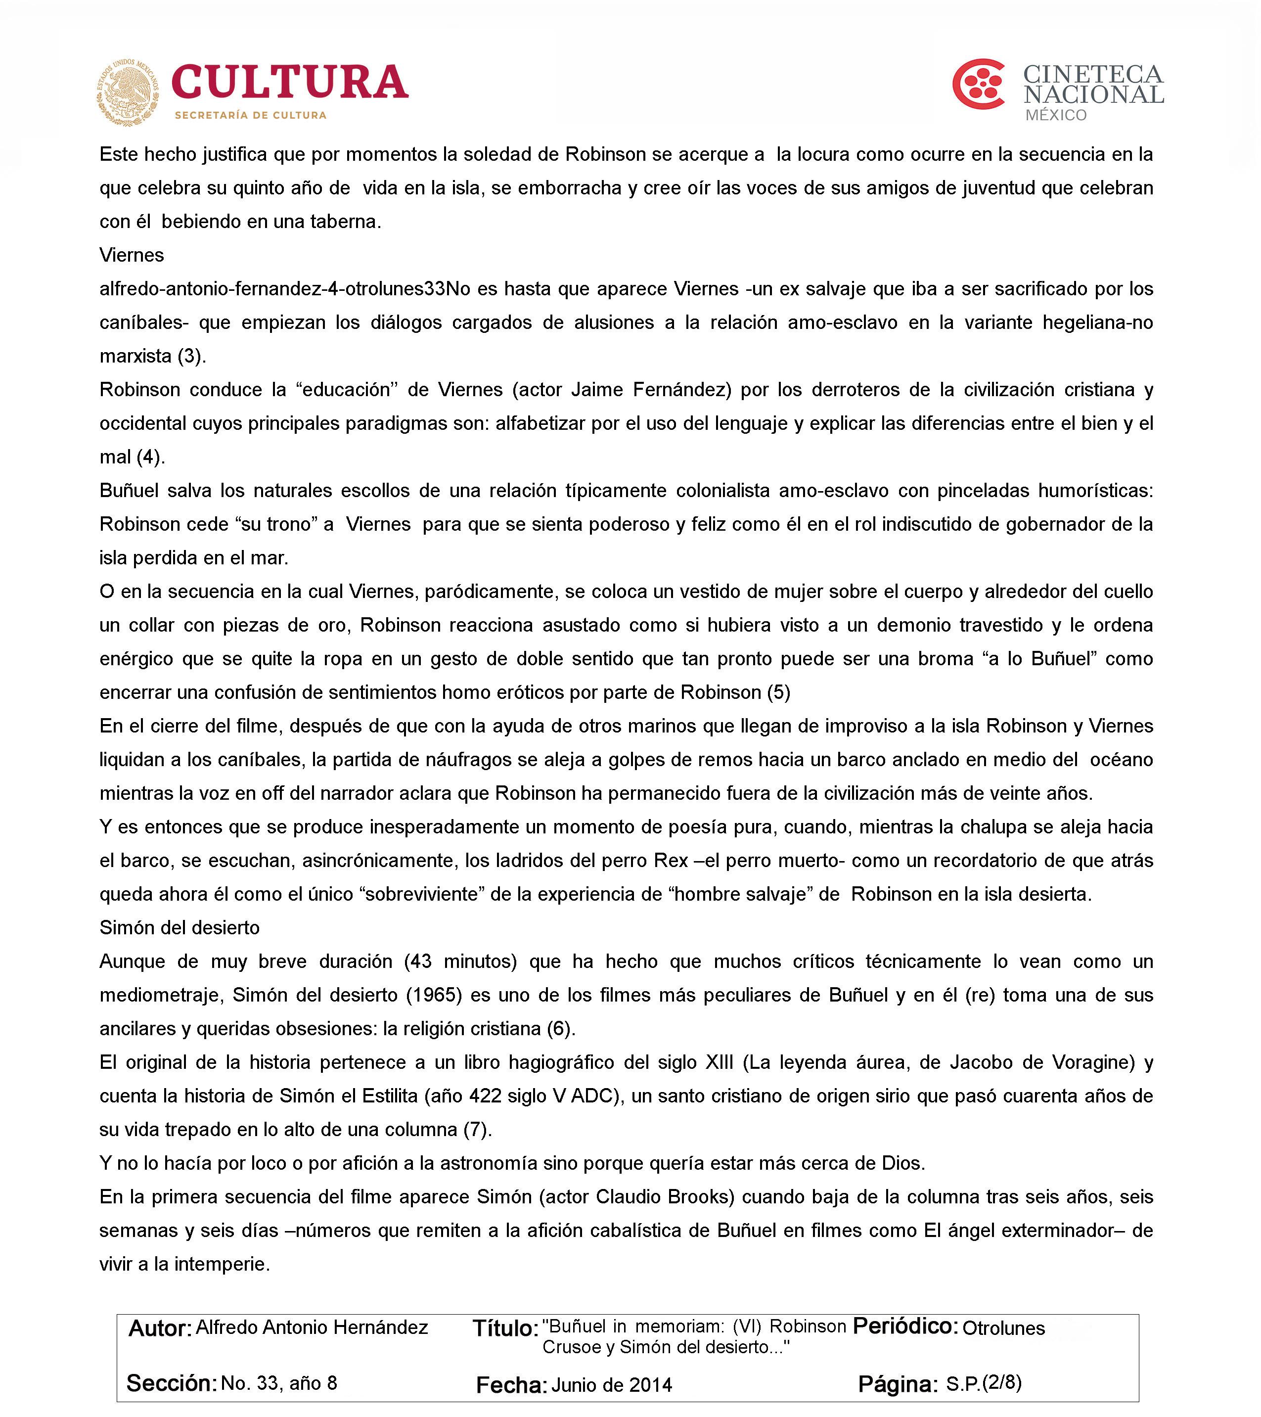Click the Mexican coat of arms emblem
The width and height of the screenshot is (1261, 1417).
(128, 92)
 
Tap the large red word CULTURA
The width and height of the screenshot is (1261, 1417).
(290, 83)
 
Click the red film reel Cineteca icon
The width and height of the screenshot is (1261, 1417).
(978, 85)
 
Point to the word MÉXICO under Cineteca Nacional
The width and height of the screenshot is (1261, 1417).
(1056, 115)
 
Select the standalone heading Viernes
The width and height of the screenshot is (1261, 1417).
(132, 255)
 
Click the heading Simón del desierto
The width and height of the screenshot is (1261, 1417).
(180, 927)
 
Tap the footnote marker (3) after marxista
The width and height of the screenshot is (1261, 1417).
(191, 356)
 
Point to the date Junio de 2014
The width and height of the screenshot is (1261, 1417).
(612, 1385)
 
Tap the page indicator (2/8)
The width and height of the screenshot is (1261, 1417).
(1002, 1382)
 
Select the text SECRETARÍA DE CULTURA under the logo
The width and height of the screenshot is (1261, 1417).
(250, 115)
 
